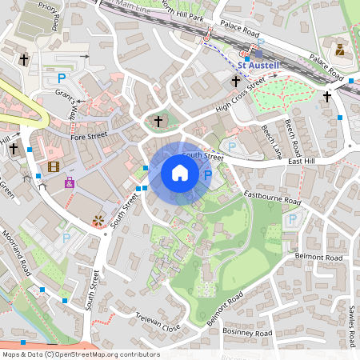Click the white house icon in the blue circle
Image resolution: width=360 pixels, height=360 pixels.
(180, 173)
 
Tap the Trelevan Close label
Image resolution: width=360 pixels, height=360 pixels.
(158, 322)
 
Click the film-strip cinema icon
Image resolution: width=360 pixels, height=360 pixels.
(53, 166)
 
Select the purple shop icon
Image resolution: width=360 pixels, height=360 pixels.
(70, 183)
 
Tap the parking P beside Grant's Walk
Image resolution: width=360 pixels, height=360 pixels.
(62, 78)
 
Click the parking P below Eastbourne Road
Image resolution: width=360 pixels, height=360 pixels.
(292, 218)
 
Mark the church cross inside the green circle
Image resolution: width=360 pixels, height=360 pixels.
(158, 122)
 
